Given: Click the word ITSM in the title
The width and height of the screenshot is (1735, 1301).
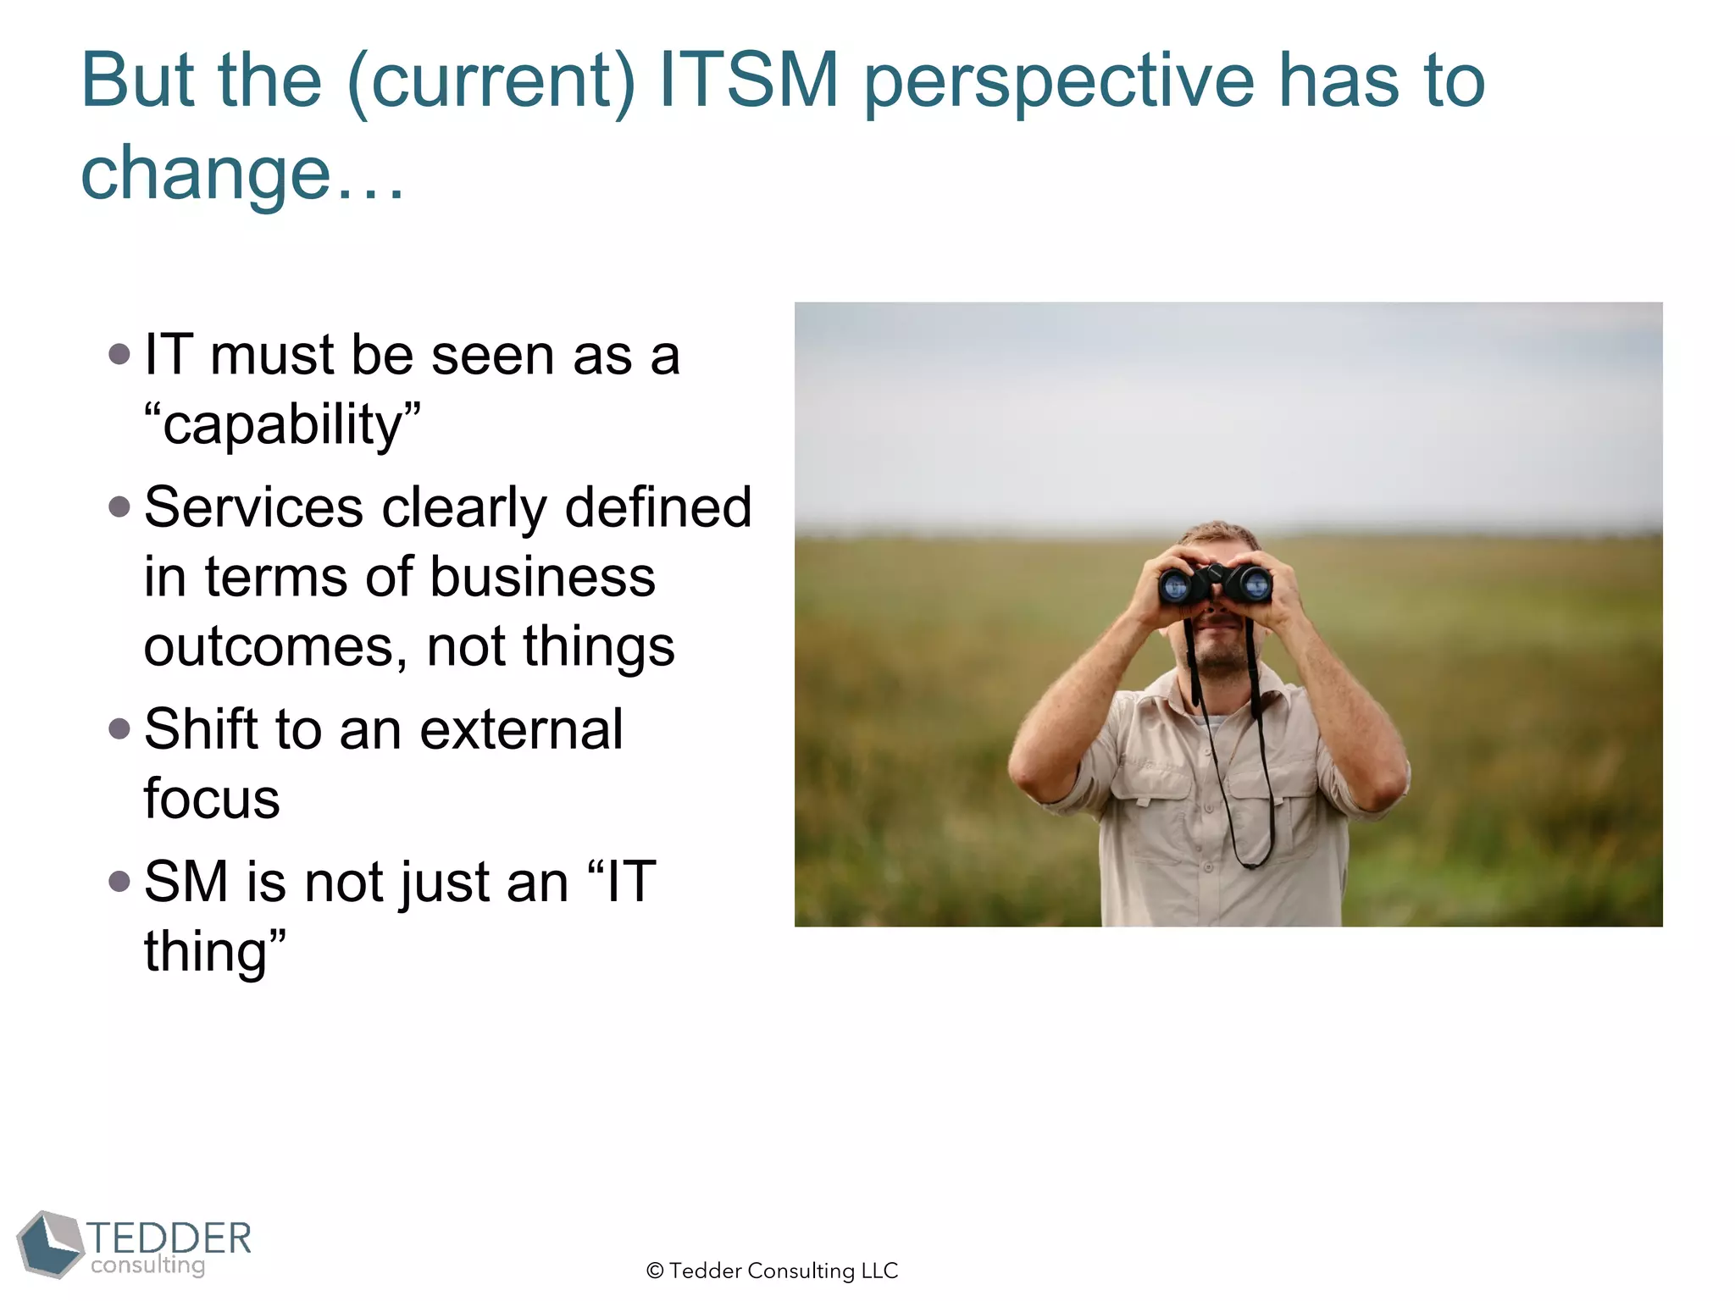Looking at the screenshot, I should click(749, 80).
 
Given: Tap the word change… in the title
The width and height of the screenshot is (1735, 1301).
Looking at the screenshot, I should click(242, 174).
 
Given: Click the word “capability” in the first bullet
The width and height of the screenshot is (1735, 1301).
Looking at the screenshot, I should click(282, 424).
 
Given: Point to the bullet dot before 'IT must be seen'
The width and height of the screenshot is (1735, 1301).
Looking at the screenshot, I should click(119, 354).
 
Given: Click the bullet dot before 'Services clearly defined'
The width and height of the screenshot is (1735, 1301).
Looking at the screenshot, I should click(119, 507).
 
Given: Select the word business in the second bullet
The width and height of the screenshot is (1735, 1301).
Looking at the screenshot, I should click(542, 578).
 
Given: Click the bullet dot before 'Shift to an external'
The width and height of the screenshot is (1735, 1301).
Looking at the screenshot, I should click(119, 728).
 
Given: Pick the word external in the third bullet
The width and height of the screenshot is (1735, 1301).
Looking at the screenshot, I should click(522, 729).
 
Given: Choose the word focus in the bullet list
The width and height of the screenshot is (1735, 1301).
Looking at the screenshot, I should click(212, 799).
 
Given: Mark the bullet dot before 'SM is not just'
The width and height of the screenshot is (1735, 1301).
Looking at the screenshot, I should click(119, 882).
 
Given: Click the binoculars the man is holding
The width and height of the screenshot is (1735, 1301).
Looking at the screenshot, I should click(1215, 584).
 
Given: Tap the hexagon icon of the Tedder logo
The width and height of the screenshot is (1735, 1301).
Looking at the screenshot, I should click(50, 1243).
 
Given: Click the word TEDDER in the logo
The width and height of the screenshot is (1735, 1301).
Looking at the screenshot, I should click(169, 1237).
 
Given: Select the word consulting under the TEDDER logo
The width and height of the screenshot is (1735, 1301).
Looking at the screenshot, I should click(148, 1265).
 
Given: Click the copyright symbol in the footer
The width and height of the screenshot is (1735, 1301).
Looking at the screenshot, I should click(655, 1271).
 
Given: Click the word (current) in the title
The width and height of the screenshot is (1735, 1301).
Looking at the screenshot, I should click(491, 83).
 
